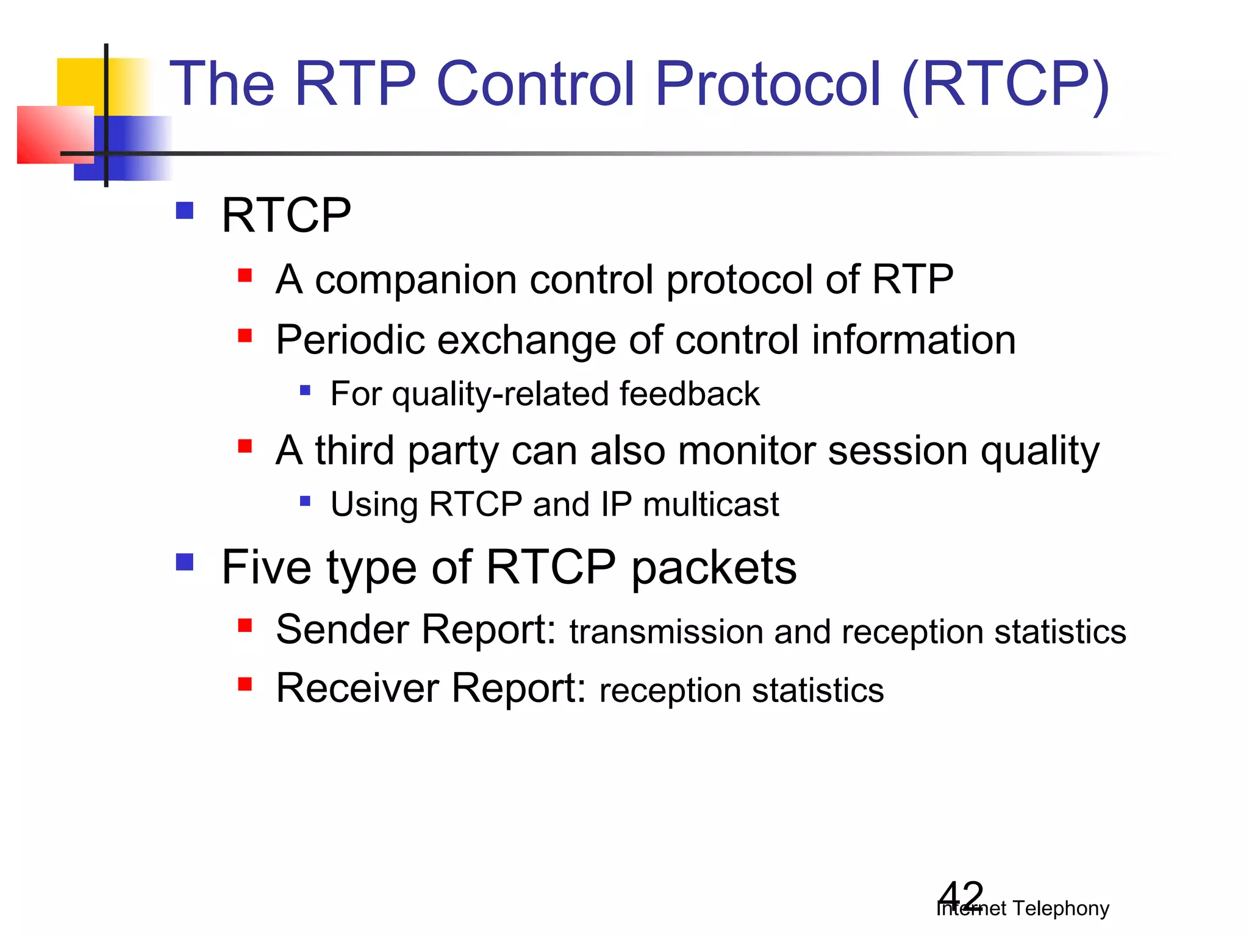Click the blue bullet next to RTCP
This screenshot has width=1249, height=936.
tap(184, 211)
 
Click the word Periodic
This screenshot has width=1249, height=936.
tap(350, 340)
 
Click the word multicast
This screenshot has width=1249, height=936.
tap(710, 505)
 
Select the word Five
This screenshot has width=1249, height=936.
tap(262, 567)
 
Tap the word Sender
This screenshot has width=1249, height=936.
tap(342, 629)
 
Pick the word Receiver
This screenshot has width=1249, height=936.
tap(357, 688)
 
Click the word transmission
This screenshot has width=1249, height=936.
tap(665, 632)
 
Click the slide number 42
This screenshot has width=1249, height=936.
tap(961, 896)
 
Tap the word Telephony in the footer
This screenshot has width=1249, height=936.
tap(1061, 909)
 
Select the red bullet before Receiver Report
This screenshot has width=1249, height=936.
tap(245, 684)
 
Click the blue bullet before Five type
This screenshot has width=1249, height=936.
tap(184, 562)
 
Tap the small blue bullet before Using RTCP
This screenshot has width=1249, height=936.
tap(306, 502)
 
